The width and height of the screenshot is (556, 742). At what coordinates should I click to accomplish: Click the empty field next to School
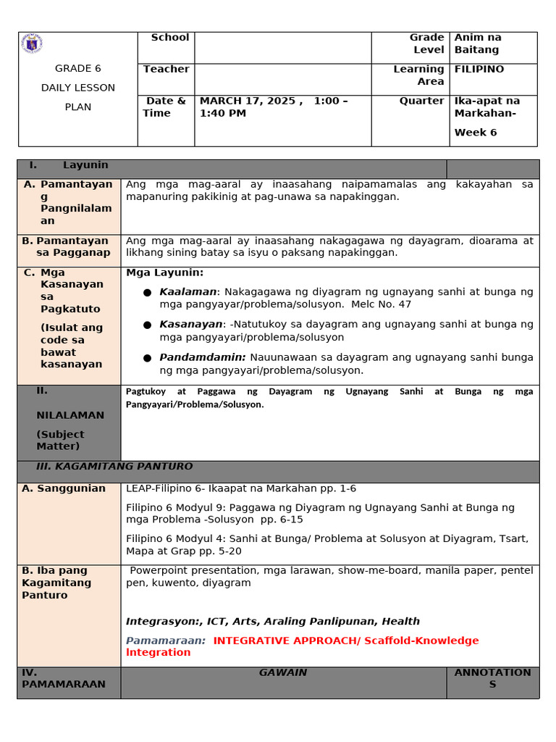point(282,47)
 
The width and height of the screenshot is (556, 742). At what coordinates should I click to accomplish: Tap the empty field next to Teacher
point(282,79)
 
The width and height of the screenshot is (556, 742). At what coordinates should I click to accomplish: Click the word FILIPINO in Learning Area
point(479,70)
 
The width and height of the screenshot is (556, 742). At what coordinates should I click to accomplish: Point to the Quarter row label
point(421,101)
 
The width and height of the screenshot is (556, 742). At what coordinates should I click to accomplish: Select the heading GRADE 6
point(78,69)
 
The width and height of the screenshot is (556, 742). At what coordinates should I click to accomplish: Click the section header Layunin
point(85,165)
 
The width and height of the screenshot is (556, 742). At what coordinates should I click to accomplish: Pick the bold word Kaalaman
point(188,292)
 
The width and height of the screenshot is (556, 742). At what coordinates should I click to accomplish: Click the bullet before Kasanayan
point(147,325)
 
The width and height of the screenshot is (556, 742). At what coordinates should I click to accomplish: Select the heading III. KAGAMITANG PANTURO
point(114,467)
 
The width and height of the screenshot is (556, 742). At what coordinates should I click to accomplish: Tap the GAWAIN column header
point(283,672)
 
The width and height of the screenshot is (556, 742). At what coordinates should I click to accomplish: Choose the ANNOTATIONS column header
point(492,678)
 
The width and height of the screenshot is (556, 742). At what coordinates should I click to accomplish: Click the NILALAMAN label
point(70,415)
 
